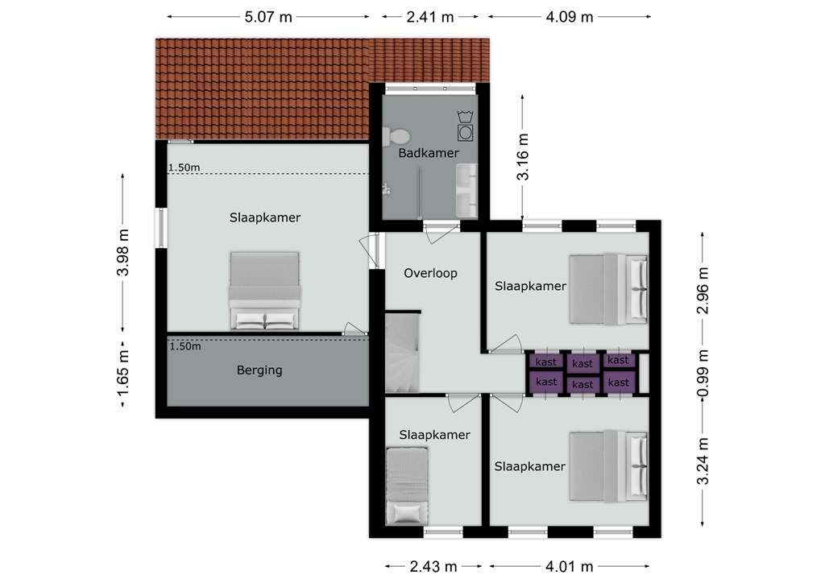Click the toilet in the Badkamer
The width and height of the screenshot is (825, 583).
point(396,137)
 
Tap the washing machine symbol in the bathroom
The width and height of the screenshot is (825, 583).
point(465,126)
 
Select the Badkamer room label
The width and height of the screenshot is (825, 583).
point(429,153)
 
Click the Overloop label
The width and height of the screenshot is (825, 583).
point(430,273)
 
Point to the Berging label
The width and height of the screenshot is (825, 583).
point(259,370)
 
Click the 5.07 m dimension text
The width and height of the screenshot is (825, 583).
point(268,17)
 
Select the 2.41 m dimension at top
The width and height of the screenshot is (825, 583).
point(430,17)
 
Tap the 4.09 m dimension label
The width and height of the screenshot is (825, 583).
point(570,17)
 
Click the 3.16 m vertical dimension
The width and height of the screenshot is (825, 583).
point(522,157)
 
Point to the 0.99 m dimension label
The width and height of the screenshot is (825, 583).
point(703,374)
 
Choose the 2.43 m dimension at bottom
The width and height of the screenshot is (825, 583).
point(433,566)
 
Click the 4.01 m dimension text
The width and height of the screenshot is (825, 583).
point(570,566)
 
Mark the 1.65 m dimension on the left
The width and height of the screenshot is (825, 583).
point(122,374)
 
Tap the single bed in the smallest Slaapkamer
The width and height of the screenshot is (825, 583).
point(407,486)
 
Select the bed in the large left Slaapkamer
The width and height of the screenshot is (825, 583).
point(264,291)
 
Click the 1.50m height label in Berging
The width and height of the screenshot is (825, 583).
point(185,346)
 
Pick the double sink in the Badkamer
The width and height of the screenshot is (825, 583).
point(466,190)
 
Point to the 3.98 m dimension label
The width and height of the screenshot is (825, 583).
point(122,252)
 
